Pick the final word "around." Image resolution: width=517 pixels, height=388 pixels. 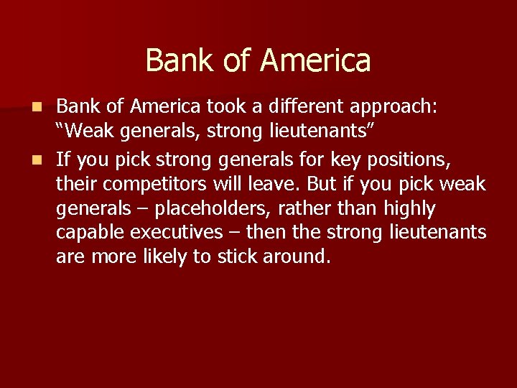tap(300, 257)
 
